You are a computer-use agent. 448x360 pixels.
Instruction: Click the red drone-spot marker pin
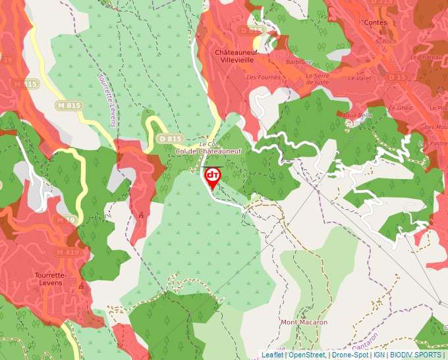[x=213, y=177]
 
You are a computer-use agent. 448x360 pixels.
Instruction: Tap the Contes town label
[x=375, y=22]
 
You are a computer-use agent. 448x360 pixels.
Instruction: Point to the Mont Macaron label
[x=304, y=322]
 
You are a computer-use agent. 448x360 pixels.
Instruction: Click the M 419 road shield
[x=67, y=252]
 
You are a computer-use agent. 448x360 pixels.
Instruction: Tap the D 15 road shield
[x=397, y=78]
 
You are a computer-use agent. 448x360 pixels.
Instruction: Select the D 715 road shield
[x=382, y=3]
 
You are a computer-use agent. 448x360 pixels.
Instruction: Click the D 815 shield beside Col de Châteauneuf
[x=170, y=139]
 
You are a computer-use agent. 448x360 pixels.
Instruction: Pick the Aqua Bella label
[x=358, y=115]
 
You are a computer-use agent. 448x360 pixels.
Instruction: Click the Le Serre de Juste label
[x=318, y=79]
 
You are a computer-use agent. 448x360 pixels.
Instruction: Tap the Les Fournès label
[x=259, y=77]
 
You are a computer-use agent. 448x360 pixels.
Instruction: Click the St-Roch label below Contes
[x=384, y=41]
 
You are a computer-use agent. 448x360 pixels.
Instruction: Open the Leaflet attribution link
[x=272, y=355]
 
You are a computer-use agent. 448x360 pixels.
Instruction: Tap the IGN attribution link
[x=379, y=355]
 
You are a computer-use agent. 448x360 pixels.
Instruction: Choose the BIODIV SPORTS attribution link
[x=416, y=355]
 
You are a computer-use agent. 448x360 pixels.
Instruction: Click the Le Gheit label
[x=401, y=107]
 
